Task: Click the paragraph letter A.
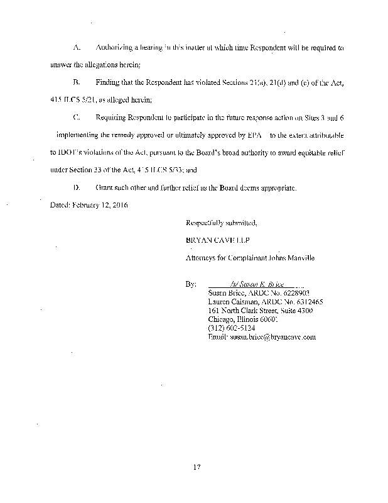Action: (76, 48)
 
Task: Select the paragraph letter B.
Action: (76, 82)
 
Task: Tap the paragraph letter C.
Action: (76, 118)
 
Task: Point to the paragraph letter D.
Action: (76, 187)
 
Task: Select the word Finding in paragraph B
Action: (109, 82)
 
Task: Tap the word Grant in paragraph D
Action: (105, 187)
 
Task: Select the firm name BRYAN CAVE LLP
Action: (214, 240)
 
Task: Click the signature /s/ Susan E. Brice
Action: (254, 284)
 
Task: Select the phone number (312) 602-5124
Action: (230, 328)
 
